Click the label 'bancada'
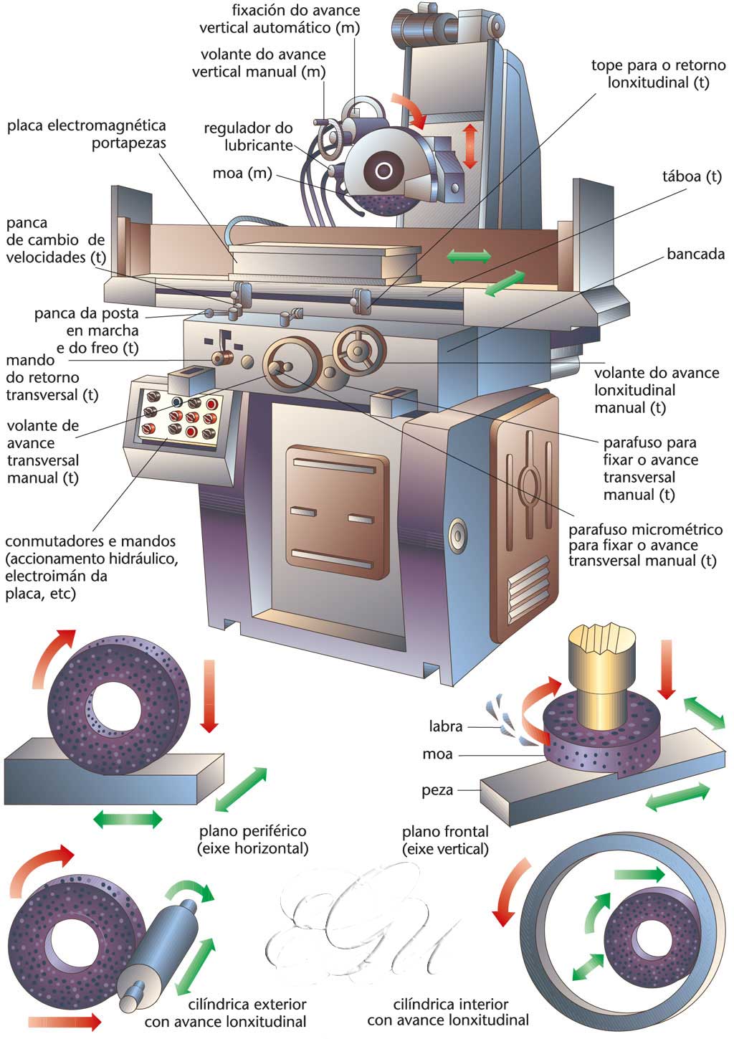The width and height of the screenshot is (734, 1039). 695,254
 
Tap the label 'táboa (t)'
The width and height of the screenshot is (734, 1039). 692,177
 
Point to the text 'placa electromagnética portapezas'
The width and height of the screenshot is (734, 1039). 87,134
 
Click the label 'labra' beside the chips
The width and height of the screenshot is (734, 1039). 445,726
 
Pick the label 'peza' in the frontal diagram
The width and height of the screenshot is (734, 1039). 437,790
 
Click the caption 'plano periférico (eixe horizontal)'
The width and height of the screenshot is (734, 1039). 253,840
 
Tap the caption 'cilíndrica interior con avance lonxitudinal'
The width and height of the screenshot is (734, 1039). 448,1012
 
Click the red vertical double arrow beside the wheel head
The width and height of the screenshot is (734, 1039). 470,146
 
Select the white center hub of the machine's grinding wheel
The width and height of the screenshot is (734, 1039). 383,171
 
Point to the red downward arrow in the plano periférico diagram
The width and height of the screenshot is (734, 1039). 209,696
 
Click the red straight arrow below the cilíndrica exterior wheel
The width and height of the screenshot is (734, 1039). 66,1020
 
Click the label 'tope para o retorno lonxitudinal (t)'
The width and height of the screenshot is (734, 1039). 658,74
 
